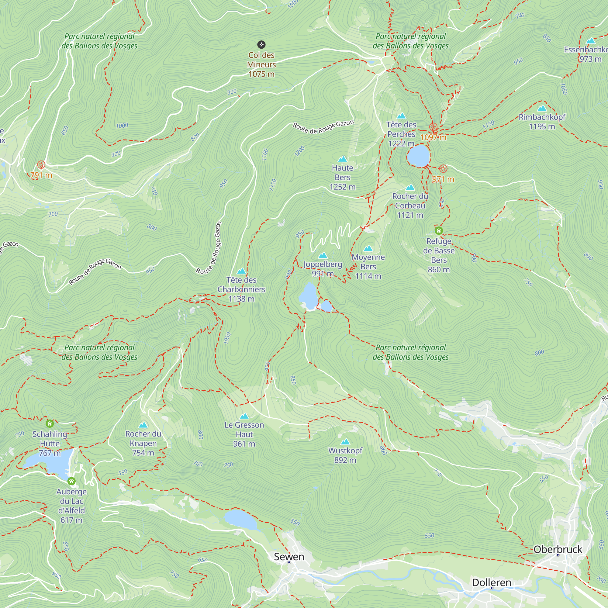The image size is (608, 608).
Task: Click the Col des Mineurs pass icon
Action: (261, 44)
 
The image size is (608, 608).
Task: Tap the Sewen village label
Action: (289, 557)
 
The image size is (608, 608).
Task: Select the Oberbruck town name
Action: (558, 549)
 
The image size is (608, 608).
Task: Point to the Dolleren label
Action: (492, 582)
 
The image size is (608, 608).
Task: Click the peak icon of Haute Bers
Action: (342, 159)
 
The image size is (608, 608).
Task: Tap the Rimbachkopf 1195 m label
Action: (542, 122)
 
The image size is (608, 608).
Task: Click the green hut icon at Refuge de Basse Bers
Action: (439, 231)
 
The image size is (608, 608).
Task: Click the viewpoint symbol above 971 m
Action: (443, 169)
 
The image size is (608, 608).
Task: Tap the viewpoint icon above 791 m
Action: (41, 164)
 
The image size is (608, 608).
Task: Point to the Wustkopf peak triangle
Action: (345, 442)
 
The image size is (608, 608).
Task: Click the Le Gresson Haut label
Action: (244, 434)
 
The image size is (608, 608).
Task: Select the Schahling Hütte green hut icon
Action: (50, 423)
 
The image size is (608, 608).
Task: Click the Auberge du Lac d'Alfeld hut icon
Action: (71, 481)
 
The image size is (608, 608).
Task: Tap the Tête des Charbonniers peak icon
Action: (241, 271)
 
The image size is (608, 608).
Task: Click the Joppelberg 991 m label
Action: (323, 269)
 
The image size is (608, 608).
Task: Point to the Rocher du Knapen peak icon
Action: (143, 425)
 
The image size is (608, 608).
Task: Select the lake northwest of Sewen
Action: (241, 520)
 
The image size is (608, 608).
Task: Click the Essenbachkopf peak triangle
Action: (591, 41)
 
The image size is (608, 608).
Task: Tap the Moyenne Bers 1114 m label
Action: (368, 267)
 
